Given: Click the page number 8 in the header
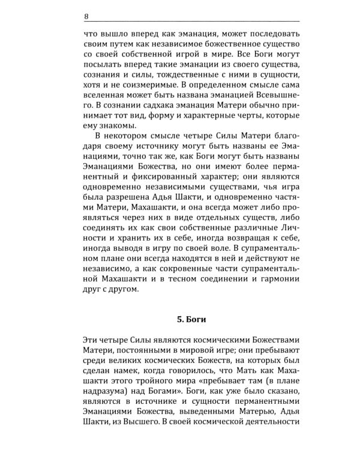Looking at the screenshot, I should pos(70,17).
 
